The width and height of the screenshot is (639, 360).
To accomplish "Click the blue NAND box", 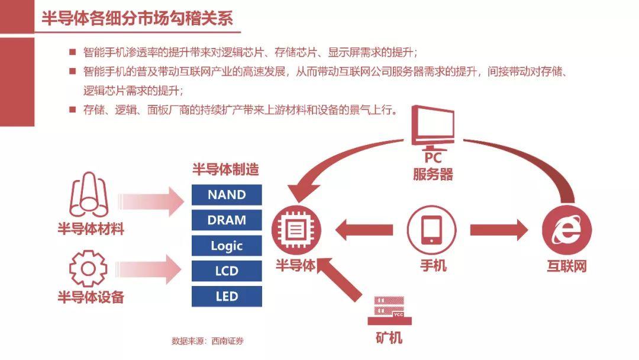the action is (227, 194).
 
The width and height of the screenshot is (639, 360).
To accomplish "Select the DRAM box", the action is (227, 220).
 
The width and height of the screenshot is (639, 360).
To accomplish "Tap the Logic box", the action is (227, 246).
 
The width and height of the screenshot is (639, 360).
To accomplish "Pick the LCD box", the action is (227, 271).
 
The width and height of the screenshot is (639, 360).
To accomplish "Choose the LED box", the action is (227, 297).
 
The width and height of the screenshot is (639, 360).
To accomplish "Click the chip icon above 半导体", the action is (296, 230).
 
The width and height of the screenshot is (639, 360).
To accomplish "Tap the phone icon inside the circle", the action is (431, 230).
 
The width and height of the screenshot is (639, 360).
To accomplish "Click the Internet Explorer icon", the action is (566, 230).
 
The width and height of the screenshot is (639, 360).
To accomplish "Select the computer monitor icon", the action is (433, 128).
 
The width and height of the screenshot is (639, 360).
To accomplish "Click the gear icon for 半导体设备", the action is (88, 269).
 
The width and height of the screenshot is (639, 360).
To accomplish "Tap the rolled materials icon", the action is (89, 194).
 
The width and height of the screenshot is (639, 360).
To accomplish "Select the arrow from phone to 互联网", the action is (499, 230).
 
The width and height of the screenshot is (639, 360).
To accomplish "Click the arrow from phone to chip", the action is (364, 230).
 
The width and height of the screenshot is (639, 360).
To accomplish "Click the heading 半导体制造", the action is (226, 169).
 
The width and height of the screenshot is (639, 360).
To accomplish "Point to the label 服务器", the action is (433, 174).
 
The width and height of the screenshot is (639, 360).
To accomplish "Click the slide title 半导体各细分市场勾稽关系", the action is (137, 18).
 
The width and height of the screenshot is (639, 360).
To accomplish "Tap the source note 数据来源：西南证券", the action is (208, 341).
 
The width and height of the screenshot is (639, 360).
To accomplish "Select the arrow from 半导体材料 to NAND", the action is (151, 201).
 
